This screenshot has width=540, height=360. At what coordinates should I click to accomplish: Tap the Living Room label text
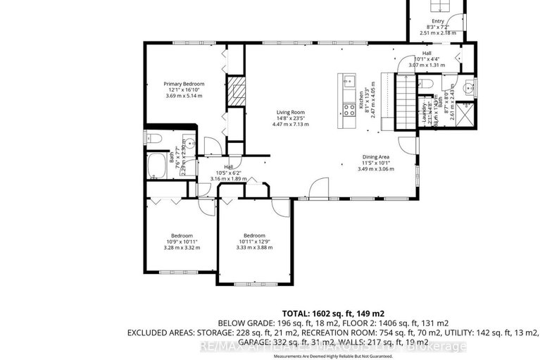tap(289, 112)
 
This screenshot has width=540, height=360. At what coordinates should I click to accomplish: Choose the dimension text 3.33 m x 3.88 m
tap(253, 247)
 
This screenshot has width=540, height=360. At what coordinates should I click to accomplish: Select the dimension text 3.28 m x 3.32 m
tap(182, 247)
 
